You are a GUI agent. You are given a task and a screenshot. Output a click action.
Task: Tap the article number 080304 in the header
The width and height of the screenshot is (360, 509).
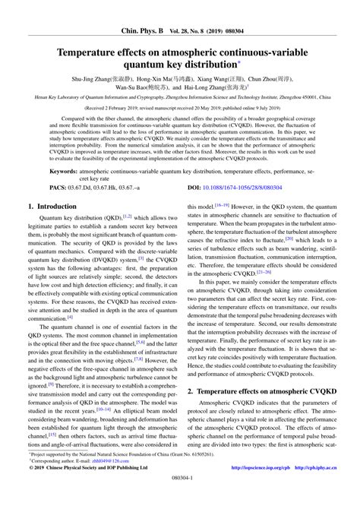tap(245, 10)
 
